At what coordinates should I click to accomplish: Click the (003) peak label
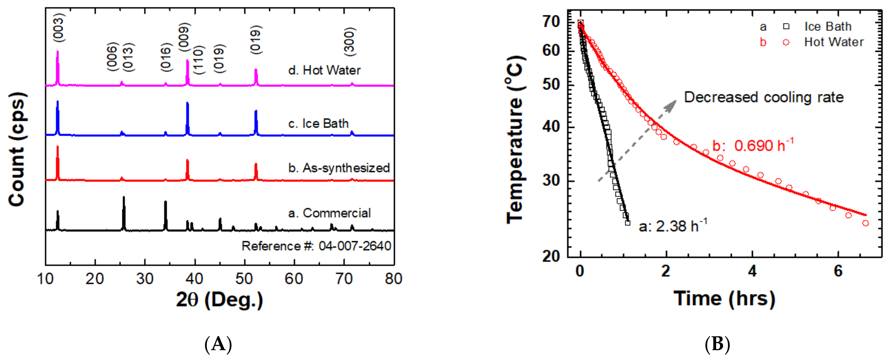59,28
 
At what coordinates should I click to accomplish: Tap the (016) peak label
166,57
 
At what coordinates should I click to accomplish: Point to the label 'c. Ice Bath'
318,124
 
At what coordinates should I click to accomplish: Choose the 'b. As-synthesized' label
339,168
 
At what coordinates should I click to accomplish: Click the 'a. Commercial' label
329,213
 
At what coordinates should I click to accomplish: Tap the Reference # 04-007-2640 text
316,246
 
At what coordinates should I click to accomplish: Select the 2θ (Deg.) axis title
219,299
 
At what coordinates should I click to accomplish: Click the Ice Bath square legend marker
786,27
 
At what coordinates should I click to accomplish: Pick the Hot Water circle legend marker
786,42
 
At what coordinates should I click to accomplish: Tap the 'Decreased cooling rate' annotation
764,97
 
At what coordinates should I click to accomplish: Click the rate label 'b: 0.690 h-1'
753,145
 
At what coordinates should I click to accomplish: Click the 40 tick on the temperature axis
551,127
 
